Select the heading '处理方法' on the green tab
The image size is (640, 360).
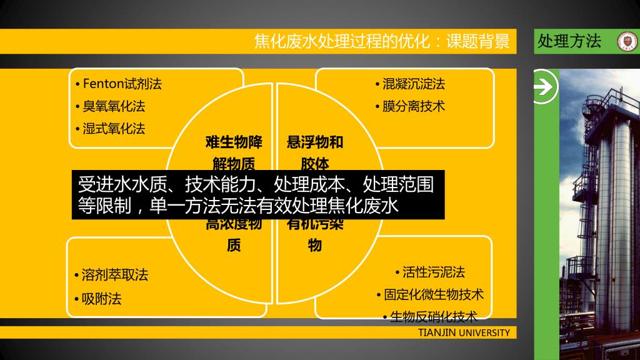pyautogui.click(x=569, y=41)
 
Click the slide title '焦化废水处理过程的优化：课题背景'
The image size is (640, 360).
pyautogui.click(x=382, y=41)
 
